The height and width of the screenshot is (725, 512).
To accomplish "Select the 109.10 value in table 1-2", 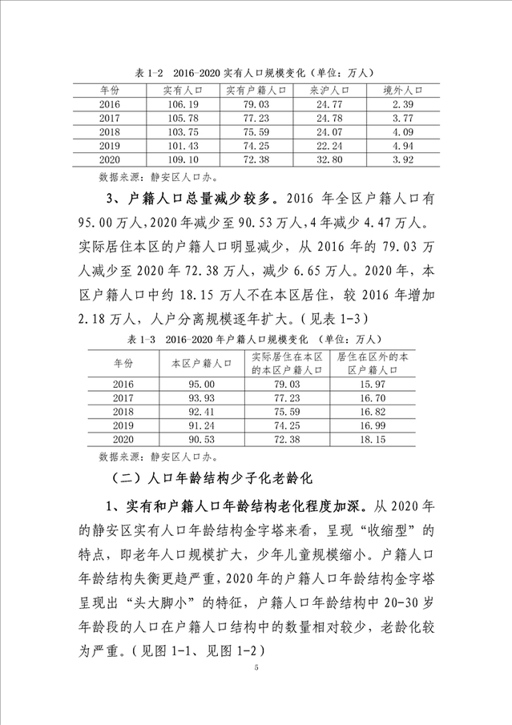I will [x=177, y=160].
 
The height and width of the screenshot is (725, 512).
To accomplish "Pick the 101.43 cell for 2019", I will [x=177, y=147].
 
